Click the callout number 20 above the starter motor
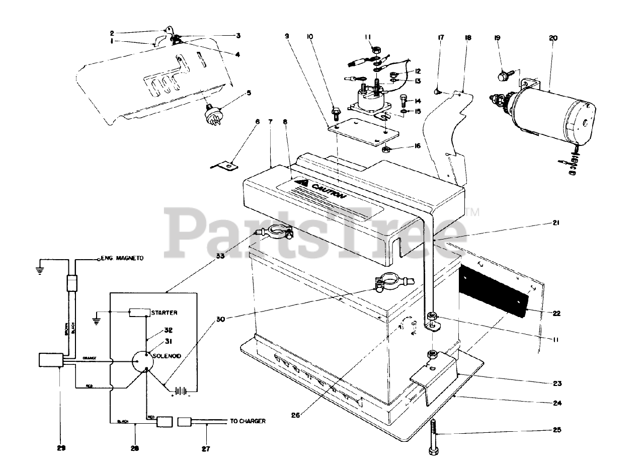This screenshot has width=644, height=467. click(x=554, y=38)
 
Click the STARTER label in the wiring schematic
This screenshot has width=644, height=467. click(x=164, y=313)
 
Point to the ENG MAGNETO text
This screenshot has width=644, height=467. click(x=122, y=258)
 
